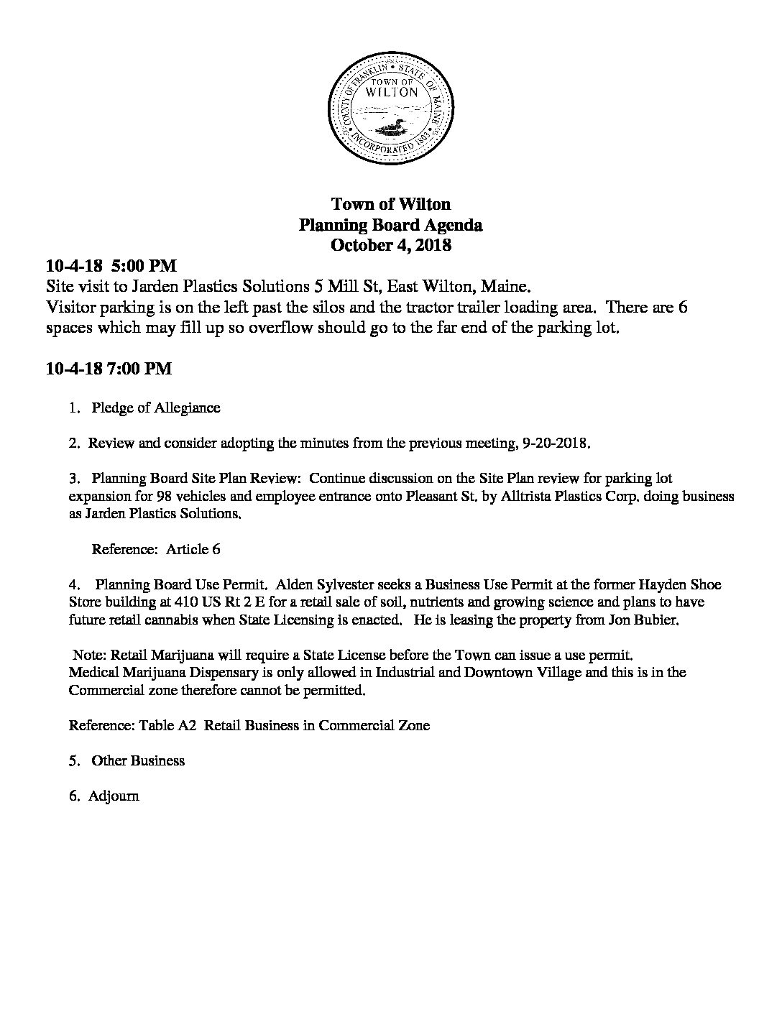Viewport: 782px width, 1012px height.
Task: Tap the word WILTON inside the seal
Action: pyautogui.click(x=392, y=92)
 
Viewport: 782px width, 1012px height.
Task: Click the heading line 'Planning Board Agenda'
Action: pyautogui.click(x=390, y=225)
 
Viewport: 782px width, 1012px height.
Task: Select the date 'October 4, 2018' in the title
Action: pyautogui.click(x=390, y=245)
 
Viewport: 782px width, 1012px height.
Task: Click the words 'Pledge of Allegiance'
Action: pyautogui.click(x=155, y=408)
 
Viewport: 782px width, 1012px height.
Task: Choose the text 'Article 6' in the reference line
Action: pyautogui.click(x=193, y=550)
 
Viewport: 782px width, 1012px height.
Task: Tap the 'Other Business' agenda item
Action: pyautogui.click(x=138, y=760)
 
